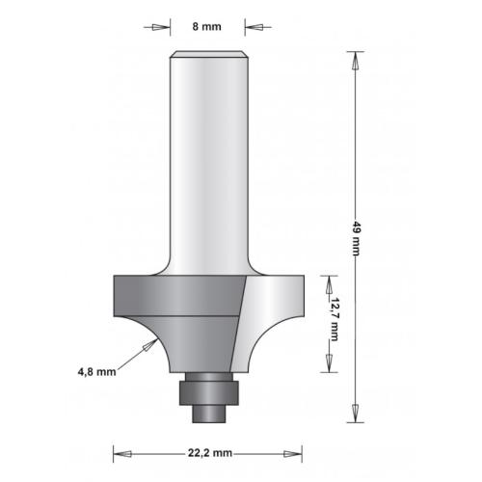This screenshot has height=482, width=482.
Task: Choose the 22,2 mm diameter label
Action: pos(209,451)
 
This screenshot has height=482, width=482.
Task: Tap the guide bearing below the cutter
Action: pos(207,390)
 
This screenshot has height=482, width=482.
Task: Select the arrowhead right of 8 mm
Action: pos(254,27)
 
